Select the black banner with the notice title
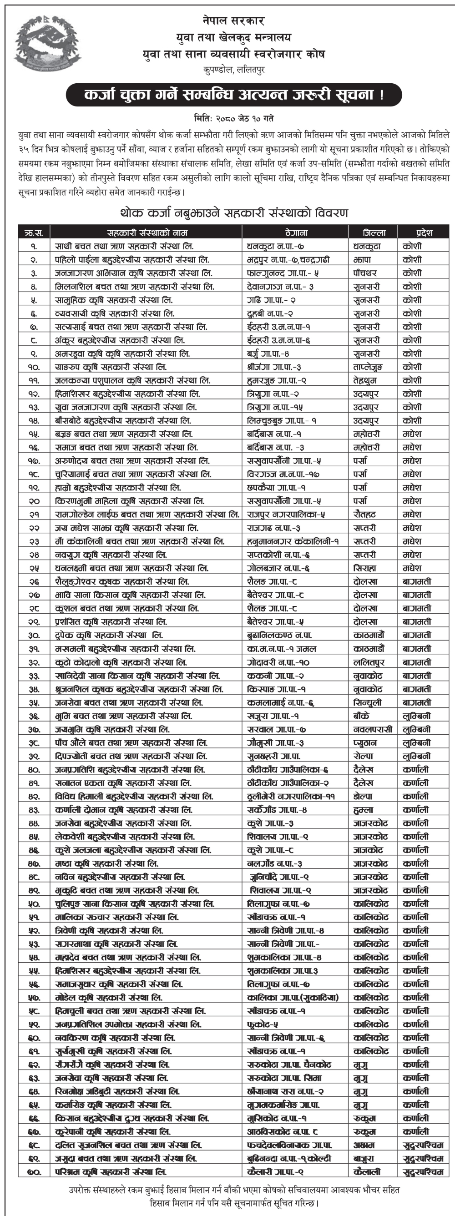tap(233, 95)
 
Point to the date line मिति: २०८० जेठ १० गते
tap(233, 118)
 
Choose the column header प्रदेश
tap(424, 232)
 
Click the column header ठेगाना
tap(296, 232)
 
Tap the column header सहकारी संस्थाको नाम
tap(147, 232)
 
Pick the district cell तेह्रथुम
tap(365, 380)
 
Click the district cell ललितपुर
tap(369, 662)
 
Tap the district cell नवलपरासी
tap(372, 729)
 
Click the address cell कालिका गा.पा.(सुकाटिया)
tap(293, 998)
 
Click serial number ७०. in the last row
tap(34, 1171)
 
